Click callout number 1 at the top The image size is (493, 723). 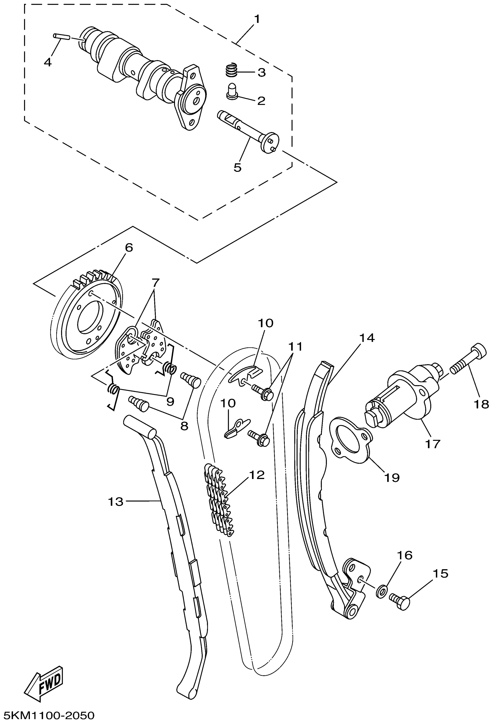click(x=257, y=19)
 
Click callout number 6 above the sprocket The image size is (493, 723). click(x=129, y=248)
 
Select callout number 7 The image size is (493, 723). click(x=155, y=283)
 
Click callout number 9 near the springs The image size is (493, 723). click(x=170, y=402)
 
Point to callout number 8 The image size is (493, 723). click(x=184, y=426)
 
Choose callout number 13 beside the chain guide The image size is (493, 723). click(x=115, y=502)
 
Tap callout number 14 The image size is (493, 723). click(x=367, y=338)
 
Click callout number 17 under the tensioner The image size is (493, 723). click(x=432, y=444)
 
